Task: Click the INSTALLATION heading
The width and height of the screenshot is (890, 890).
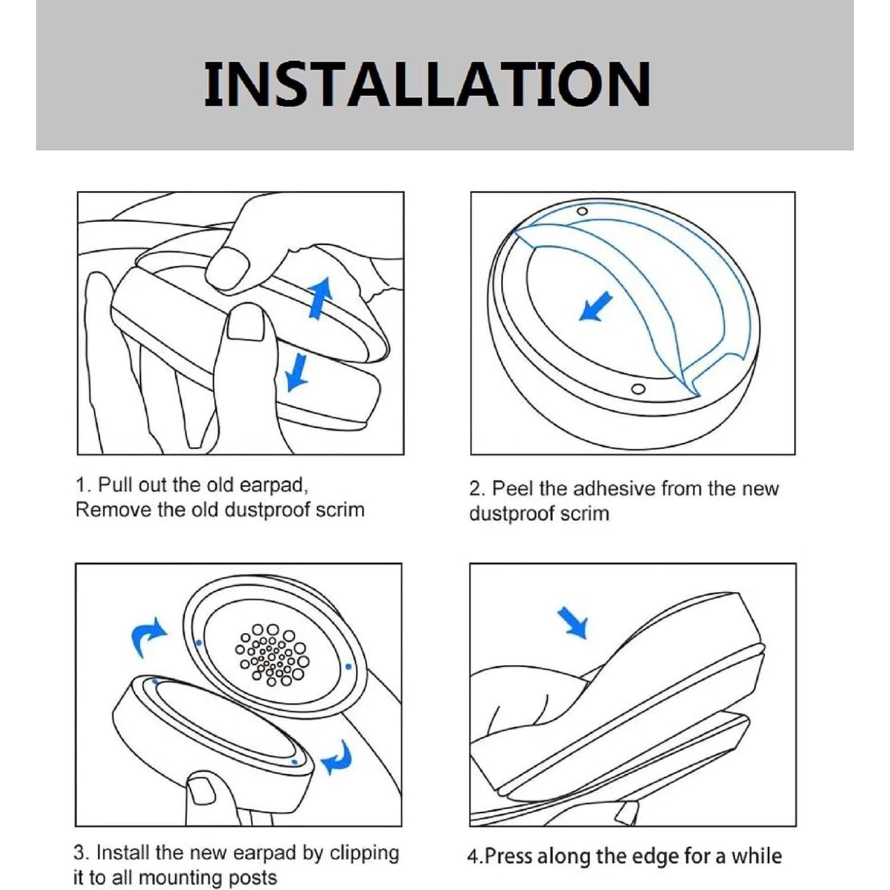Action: click(427, 84)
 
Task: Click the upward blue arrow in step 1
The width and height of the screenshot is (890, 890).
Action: click(320, 298)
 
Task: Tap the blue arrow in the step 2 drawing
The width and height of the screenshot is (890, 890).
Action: click(595, 307)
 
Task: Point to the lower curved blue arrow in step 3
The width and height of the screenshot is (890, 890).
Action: click(337, 758)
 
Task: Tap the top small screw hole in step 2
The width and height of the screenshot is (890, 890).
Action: click(582, 212)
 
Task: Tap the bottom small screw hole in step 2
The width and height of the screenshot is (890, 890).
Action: click(638, 389)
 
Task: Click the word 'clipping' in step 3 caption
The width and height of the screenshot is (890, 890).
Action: click(364, 853)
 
